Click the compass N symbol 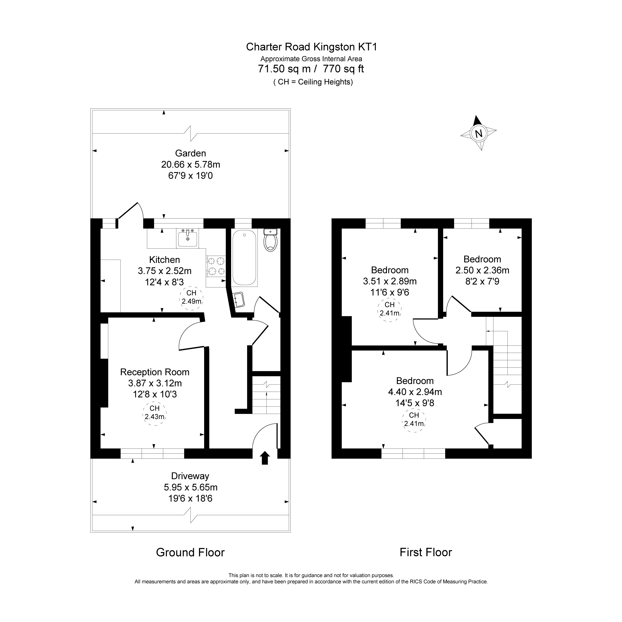[478, 133]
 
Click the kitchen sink [187, 238]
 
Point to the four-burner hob [216, 266]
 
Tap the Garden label [191, 153]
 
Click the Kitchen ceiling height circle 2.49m [191, 298]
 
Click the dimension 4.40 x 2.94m [415, 392]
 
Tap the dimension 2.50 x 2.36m [482, 270]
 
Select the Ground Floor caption [190, 552]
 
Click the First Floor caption [426, 552]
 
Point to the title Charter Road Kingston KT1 [311, 47]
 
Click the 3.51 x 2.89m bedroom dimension [390, 281]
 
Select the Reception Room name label [155, 372]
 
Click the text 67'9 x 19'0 [191, 176]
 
